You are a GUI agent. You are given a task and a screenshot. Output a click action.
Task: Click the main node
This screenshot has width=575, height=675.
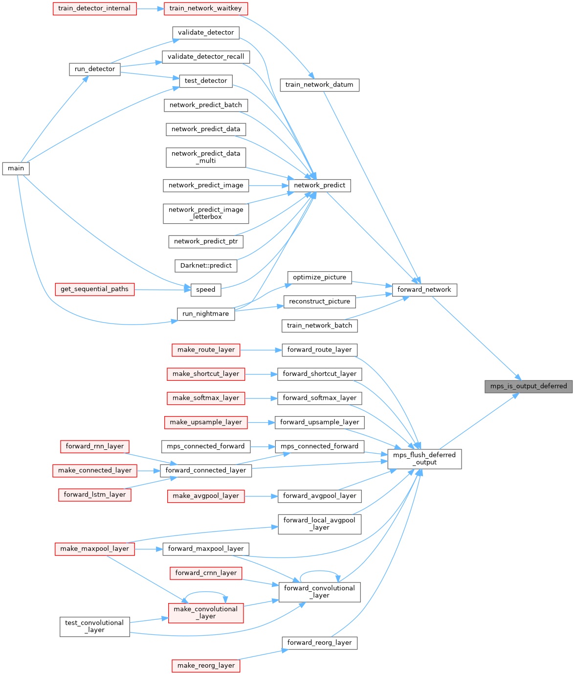(16, 168)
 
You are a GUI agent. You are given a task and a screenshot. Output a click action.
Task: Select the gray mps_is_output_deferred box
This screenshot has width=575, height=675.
(529, 386)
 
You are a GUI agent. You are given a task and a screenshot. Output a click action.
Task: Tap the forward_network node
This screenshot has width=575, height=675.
(424, 290)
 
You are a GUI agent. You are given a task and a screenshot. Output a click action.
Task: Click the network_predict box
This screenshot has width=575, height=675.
(320, 186)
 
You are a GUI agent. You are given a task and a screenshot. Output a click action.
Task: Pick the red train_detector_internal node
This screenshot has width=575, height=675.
(94, 8)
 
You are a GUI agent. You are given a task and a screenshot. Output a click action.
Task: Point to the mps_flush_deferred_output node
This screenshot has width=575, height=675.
(424, 459)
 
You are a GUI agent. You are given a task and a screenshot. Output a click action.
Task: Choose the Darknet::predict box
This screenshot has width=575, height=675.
(206, 265)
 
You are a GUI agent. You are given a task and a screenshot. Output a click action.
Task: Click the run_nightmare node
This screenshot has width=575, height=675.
(206, 314)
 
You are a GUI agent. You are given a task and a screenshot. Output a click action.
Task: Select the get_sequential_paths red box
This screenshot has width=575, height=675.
(94, 289)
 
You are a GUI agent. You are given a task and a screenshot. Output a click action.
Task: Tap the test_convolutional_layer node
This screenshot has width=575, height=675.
(94, 627)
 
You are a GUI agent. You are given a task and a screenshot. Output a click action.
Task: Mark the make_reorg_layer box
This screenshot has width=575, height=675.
(206, 665)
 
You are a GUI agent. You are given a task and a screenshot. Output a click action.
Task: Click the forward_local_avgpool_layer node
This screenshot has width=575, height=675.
(319, 524)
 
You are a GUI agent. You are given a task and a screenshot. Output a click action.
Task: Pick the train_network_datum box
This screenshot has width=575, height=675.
(319, 85)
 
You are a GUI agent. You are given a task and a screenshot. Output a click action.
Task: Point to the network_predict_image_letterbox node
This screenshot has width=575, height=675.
(206, 213)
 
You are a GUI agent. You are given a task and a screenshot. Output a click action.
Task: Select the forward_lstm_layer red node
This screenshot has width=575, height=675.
(94, 495)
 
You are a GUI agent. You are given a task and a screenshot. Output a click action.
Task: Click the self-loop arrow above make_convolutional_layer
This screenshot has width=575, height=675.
(206, 592)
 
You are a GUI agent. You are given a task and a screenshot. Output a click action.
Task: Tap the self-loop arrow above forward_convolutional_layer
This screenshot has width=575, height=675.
(319, 571)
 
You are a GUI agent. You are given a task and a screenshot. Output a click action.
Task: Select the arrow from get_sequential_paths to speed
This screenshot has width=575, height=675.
(162, 289)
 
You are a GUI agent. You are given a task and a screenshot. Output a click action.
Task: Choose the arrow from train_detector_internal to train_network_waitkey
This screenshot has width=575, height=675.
(150, 8)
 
